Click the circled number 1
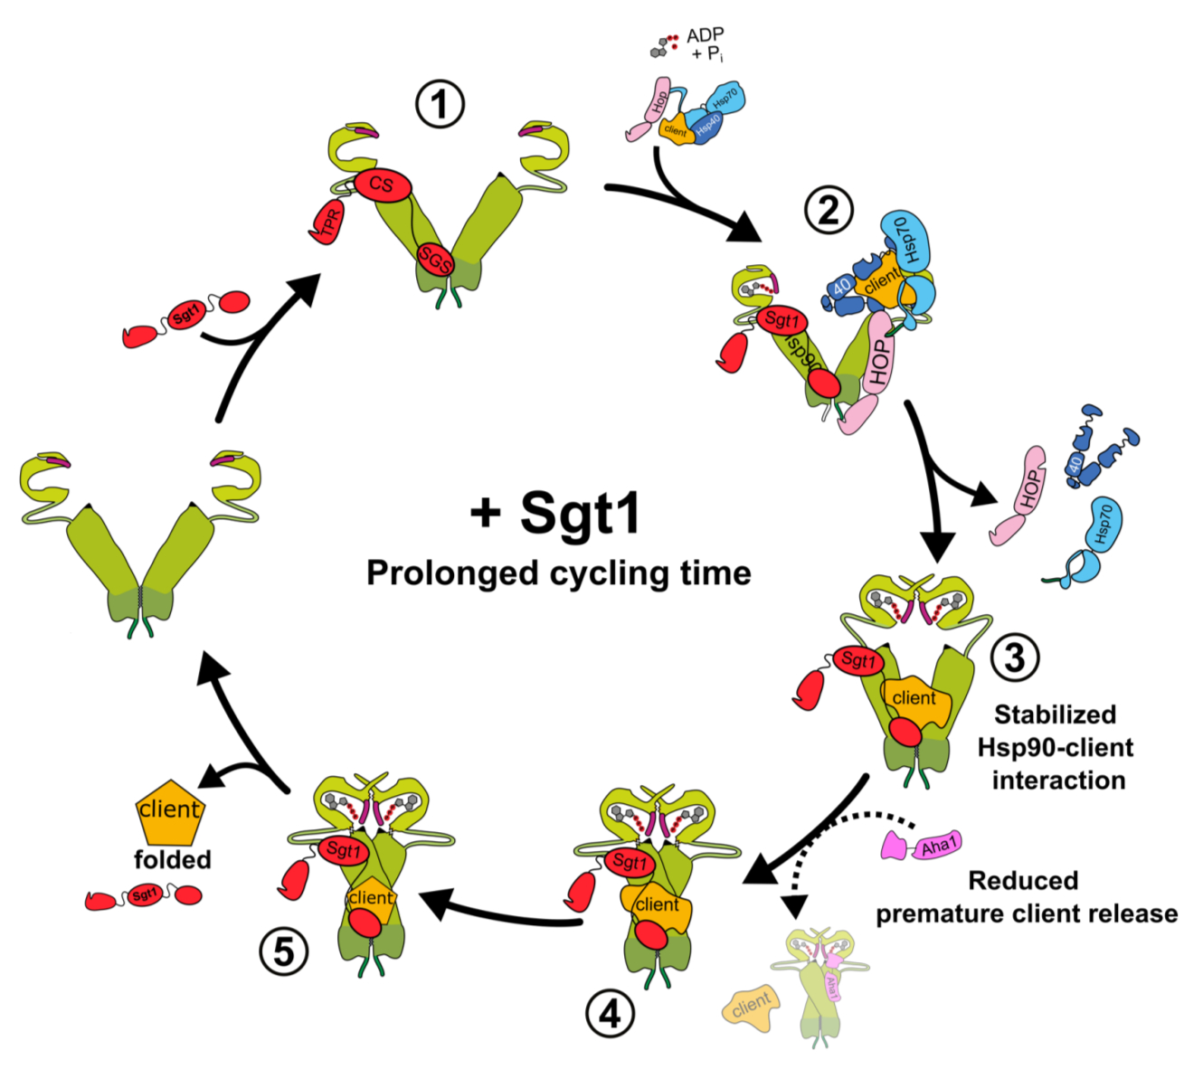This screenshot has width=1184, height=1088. (x=440, y=106)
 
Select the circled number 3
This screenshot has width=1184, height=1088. (x=1015, y=657)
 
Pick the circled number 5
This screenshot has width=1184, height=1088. (x=284, y=951)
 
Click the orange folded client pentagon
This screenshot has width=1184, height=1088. (x=170, y=809)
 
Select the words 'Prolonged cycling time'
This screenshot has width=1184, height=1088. (x=558, y=572)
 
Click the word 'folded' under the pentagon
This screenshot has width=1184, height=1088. (x=172, y=859)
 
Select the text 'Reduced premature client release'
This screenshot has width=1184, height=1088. (x=1025, y=896)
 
